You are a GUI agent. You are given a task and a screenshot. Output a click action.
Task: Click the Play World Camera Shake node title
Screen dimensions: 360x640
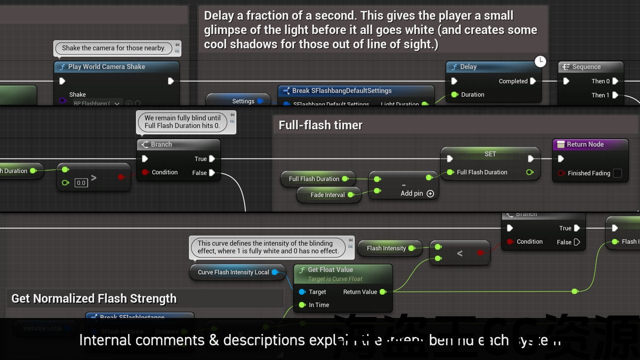click(x=106, y=67)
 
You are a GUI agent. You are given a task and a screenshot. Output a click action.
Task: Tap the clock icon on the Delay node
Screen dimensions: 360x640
click(x=540, y=61)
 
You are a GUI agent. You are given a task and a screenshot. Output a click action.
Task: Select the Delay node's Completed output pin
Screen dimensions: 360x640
click(x=533, y=81)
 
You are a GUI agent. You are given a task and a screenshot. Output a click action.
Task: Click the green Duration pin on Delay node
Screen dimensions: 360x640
click(x=454, y=94)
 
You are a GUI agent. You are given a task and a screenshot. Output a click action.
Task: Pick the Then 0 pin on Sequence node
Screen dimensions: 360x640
click(x=615, y=81)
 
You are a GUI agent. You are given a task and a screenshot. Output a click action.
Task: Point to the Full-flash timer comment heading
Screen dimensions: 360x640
click(x=320, y=125)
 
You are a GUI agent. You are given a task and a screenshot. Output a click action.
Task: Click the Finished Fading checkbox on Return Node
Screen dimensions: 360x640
click(x=617, y=173)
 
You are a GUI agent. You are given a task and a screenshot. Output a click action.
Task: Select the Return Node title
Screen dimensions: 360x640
click(x=585, y=144)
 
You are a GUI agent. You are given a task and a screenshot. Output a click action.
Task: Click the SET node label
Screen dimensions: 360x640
click(x=490, y=154)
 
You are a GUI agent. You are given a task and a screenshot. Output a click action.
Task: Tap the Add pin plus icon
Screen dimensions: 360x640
click(x=430, y=193)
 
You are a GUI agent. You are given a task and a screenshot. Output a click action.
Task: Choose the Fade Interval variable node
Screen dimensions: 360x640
click(x=327, y=195)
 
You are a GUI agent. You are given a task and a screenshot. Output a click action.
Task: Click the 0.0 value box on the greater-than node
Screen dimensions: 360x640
click(x=81, y=183)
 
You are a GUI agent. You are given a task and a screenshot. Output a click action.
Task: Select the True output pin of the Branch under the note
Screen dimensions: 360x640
click(x=212, y=159)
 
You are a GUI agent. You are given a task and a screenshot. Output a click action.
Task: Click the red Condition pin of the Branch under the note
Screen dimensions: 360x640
click(x=145, y=172)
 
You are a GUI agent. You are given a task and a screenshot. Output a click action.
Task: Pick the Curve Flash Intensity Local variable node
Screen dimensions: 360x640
click(x=233, y=272)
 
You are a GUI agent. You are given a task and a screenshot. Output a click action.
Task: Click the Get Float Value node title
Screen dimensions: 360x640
click(x=330, y=270)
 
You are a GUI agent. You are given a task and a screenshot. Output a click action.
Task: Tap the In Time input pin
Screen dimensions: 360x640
click(x=302, y=305)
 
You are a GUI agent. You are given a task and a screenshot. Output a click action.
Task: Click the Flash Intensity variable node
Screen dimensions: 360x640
click(x=386, y=248)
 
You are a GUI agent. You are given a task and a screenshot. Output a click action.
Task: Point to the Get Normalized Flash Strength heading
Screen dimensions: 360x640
click(x=94, y=299)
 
